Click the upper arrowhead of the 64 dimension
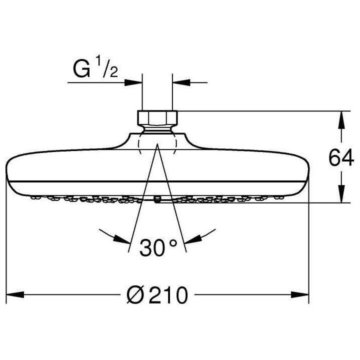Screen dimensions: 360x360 click(341, 117)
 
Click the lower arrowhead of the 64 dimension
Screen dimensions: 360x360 click(341, 196)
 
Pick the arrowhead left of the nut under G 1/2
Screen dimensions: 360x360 click(135, 82)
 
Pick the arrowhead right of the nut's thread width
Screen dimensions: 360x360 click(179, 82)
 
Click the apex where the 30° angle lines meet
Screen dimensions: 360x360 click(156, 143)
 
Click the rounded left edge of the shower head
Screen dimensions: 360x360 click(7, 172)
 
